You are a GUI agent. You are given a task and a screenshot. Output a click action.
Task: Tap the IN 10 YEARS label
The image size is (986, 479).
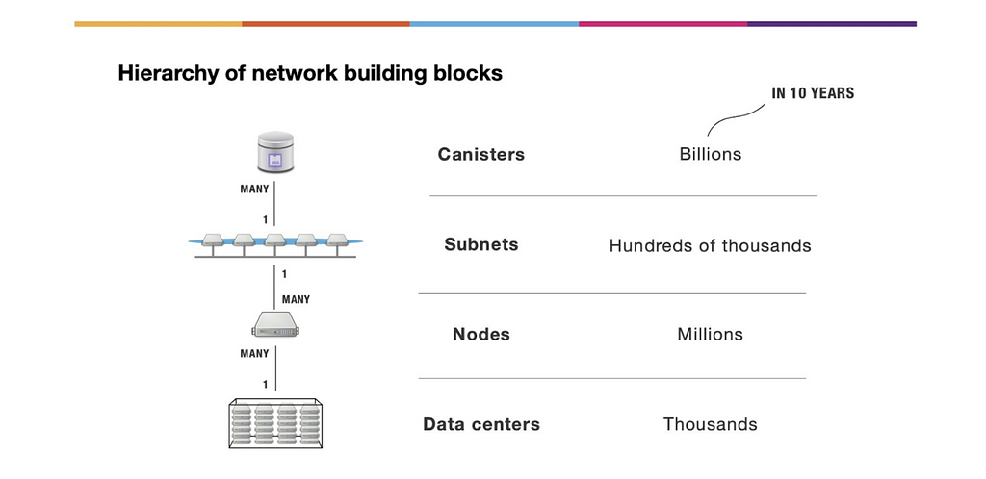tap(813, 94)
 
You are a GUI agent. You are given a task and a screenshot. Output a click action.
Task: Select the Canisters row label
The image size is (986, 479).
tap(480, 154)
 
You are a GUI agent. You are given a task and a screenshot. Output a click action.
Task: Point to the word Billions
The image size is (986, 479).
tap(711, 154)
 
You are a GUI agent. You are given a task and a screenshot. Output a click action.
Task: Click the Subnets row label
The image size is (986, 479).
tap(480, 244)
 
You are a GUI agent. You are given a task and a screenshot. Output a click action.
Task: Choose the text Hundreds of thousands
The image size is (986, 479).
tap(710, 245)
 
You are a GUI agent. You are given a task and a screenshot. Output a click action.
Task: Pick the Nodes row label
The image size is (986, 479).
tap(480, 335)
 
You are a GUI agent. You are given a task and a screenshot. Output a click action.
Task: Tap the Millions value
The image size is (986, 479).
tap(711, 335)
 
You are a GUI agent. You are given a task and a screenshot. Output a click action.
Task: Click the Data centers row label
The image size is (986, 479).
tap(480, 424)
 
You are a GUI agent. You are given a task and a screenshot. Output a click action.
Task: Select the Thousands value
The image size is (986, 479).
tap(711, 424)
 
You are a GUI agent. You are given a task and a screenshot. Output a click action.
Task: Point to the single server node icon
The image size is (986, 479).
tap(275, 326)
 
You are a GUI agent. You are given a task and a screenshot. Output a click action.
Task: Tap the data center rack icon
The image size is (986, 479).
tap(275, 424)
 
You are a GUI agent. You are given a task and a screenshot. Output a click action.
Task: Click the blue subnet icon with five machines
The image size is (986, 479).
tap(275, 243)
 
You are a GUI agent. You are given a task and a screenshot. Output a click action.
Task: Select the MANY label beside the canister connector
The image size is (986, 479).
tap(254, 189)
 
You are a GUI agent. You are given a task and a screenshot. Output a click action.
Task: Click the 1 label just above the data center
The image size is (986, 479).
tap(265, 385)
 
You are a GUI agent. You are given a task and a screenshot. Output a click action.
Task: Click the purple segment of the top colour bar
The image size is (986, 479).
tap(832, 23)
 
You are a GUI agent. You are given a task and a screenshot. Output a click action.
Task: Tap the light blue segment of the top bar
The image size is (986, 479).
tap(494, 23)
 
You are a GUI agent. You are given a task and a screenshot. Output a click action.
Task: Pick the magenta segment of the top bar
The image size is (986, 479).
tap(662, 23)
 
